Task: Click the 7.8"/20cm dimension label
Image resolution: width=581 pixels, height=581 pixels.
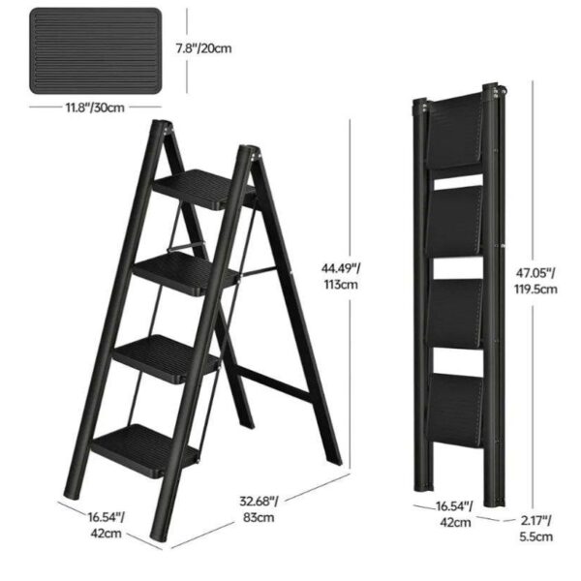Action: [203, 48]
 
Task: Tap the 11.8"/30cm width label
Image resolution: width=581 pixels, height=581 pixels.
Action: [95, 107]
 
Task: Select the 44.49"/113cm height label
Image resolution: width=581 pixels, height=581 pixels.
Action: [341, 276]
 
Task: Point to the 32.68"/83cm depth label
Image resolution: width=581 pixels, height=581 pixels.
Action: [259, 509]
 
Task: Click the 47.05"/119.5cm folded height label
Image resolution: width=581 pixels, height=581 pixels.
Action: [535, 281]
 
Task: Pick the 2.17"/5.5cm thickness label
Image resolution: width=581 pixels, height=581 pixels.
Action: [535, 529]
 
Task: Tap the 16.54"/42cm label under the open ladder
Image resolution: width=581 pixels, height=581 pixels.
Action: [106, 525]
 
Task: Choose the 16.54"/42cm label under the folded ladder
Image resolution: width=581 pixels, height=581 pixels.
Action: [455, 514]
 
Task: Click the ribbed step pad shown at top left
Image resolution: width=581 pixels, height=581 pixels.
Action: [96, 51]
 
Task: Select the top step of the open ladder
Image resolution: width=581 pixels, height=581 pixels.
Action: [203, 189]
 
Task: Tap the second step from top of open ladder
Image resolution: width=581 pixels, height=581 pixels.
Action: [185, 273]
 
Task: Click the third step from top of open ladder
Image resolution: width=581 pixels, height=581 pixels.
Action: [166, 358]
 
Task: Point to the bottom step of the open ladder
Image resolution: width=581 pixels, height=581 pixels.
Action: [145, 450]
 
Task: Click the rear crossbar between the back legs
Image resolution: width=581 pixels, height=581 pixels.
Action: [273, 384]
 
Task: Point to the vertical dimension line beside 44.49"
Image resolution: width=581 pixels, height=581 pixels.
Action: [350, 295]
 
